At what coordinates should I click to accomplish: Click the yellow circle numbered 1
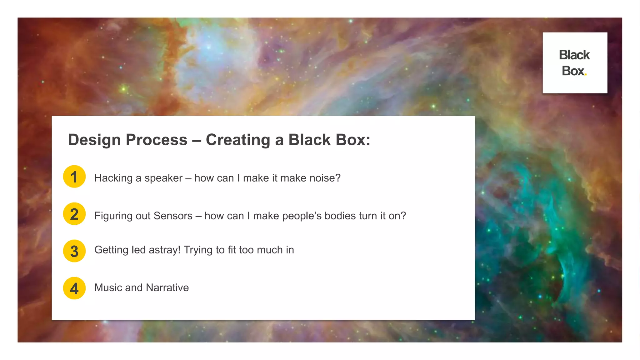coord(74,177)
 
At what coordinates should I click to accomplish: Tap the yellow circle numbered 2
coord(74,214)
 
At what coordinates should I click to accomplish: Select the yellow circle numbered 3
coord(74,251)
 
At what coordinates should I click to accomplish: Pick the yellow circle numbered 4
coord(74,288)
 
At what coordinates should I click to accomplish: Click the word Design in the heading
coord(94,140)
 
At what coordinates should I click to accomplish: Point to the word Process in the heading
coord(156,140)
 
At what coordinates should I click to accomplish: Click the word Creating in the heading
coord(238,140)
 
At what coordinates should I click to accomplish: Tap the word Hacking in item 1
coord(113,178)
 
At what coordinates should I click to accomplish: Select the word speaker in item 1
coord(163,178)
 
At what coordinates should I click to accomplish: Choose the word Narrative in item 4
coord(167,287)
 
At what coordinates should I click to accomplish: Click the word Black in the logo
coord(574,55)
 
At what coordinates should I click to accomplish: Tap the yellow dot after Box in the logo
coord(585,74)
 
